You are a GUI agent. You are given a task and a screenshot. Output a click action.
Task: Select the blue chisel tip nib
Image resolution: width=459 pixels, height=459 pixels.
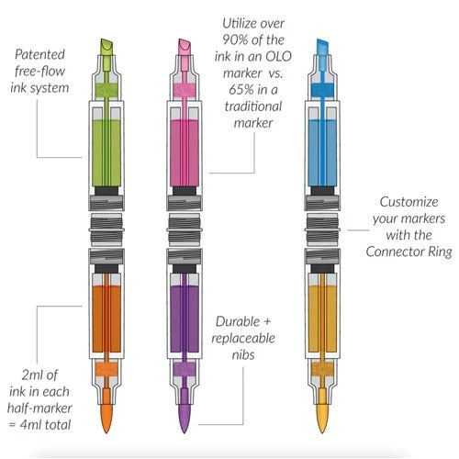(321, 47)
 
